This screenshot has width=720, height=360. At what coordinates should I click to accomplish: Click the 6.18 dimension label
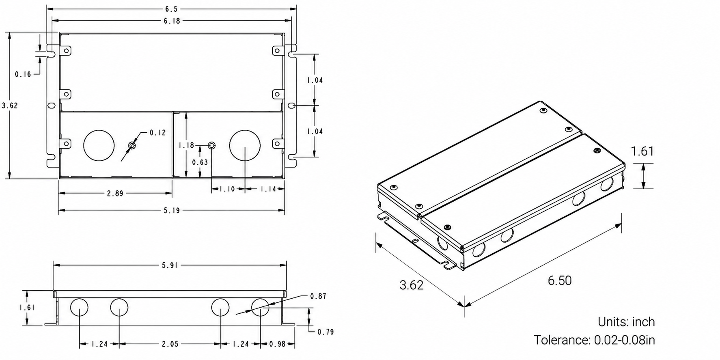[172, 21]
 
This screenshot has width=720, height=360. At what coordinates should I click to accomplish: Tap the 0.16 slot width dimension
[23, 74]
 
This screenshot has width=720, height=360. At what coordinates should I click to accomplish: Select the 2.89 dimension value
[115, 194]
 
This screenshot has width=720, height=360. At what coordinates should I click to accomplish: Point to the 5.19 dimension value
[172, 211]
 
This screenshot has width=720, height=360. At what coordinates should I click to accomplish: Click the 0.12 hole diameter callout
[158, 133]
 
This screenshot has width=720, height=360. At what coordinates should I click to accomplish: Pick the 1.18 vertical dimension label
[186, 144]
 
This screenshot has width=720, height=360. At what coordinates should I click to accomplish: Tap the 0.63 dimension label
[200, 162]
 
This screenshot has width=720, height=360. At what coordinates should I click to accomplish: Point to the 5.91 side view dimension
[170, 265]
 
